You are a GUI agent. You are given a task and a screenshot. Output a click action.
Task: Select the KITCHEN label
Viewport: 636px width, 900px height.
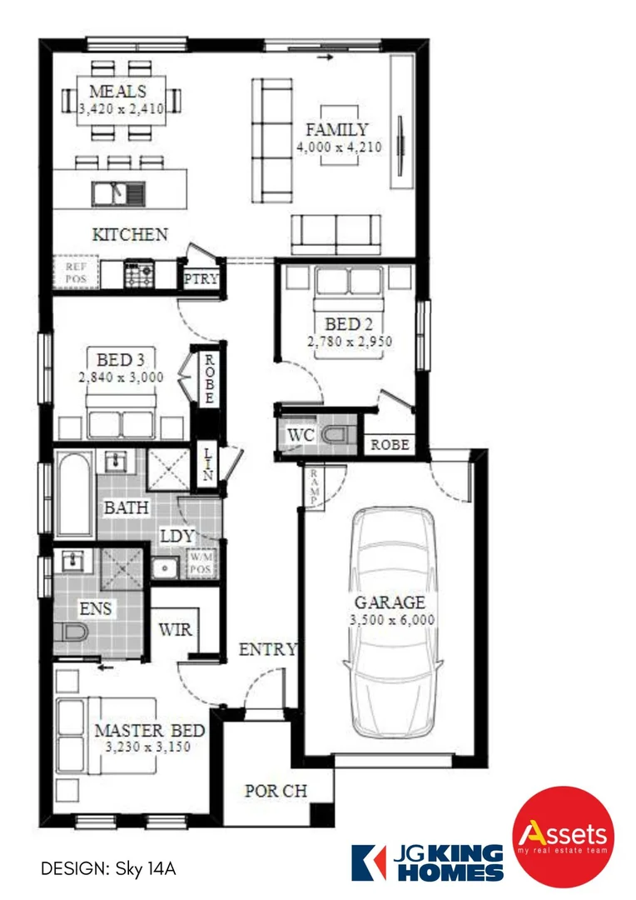(x=129, y=235)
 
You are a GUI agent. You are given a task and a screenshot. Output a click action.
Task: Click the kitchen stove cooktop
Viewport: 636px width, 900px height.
(x=137, y=273)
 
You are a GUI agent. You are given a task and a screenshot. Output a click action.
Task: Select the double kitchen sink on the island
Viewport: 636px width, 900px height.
(x=118, y=193)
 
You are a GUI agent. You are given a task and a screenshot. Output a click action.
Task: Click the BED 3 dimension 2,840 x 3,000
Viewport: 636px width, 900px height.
(x=121, y=377)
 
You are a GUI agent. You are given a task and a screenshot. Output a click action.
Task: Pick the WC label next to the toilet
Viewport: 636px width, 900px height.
(x=300, y=436)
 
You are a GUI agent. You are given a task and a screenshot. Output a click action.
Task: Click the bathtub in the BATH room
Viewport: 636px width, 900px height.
(x=75, y=494)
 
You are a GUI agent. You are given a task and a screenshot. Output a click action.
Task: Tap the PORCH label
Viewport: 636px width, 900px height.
(x=276, y=791)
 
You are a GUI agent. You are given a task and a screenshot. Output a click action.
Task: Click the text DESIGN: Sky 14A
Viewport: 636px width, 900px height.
(x=109, y=868)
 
